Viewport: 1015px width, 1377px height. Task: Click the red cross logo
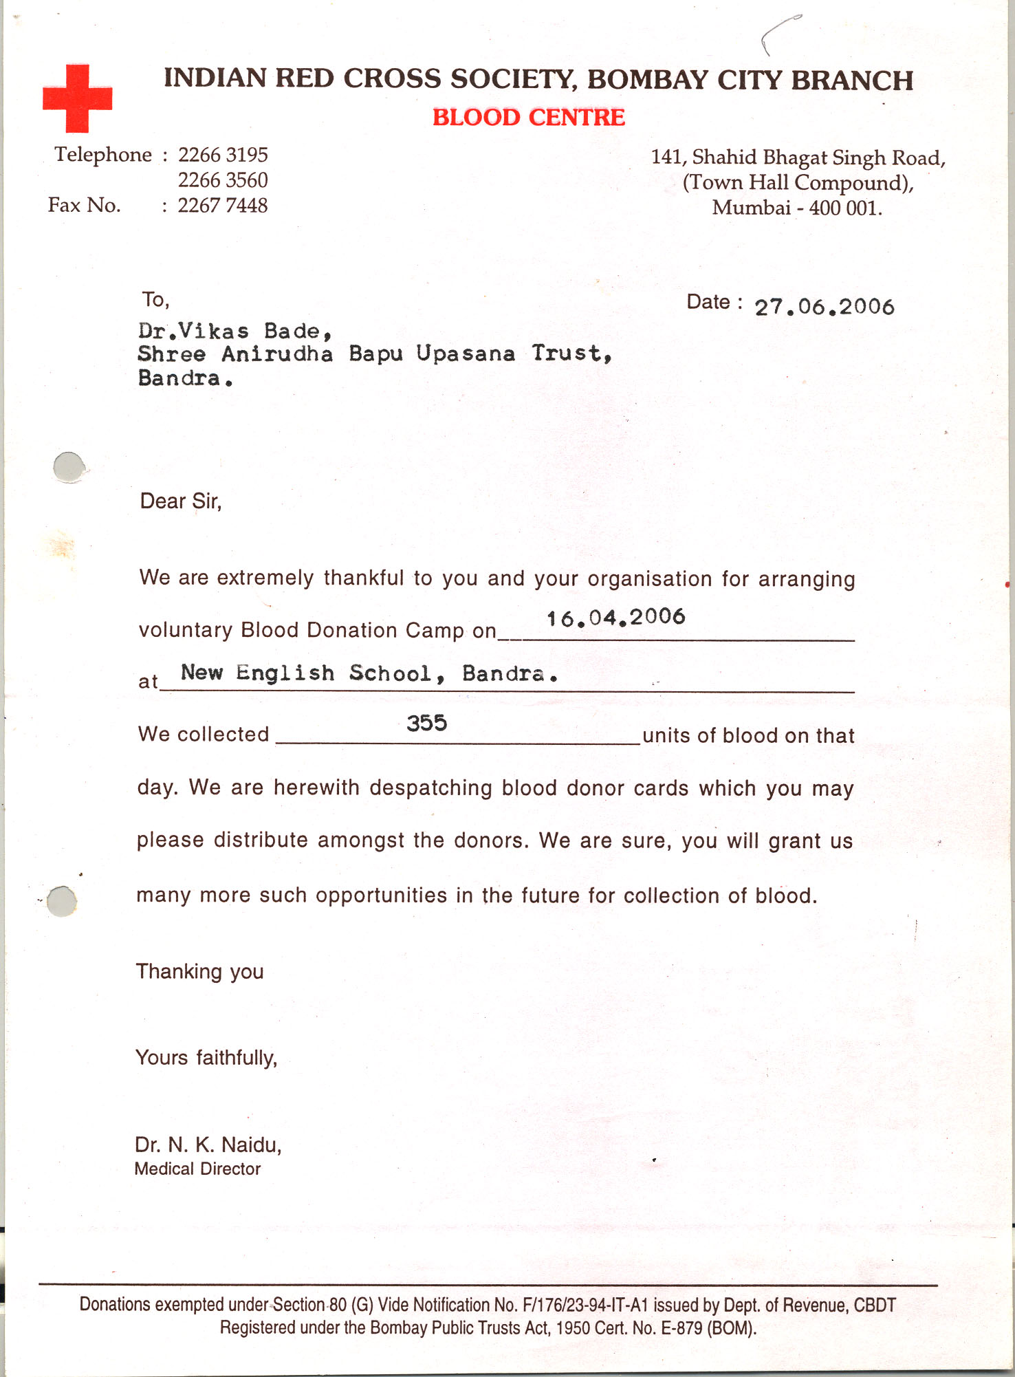(x=77, y=98)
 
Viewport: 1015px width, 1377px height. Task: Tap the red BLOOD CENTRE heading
(x=528, y=118)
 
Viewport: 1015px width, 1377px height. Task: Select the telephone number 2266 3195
(x=223, y=155)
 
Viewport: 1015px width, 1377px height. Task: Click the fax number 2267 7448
(x=223, y=206)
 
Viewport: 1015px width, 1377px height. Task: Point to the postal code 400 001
(x=845, y=208)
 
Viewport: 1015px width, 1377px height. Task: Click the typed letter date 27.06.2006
(x=824, y=307)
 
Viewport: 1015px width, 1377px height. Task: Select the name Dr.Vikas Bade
(x=235, y=332)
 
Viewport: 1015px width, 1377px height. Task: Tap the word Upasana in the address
(x=466, y=354)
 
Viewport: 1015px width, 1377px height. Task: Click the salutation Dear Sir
(x=181, y=501)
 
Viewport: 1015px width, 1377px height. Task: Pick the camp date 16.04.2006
(x=615, y=618)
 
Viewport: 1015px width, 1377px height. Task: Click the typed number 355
(x=426, y=723)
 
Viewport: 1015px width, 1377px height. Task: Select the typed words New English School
(x=307, y=673)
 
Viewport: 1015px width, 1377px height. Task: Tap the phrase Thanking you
(x=199, y=971)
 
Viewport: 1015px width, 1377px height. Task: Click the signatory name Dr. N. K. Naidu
(x=208, y=1145)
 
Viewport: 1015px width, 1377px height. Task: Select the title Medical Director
(x=197, y=1169)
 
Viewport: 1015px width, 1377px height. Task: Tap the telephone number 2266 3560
(x=223, y=180)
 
